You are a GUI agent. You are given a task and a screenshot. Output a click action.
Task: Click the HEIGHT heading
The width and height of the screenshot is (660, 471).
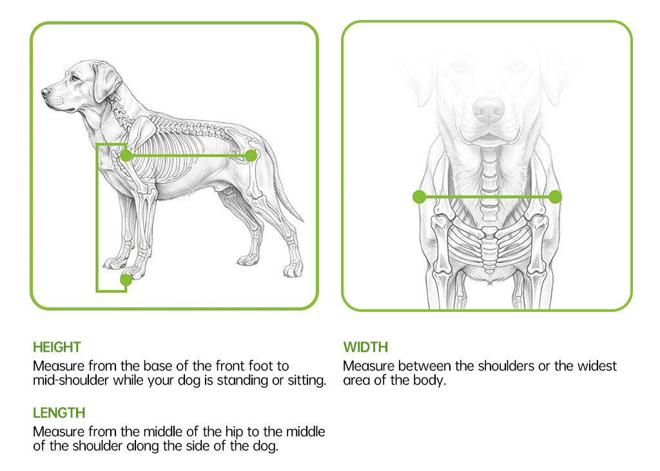pos(57,347)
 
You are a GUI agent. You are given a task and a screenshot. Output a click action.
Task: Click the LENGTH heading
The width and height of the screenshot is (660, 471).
pos(59,412)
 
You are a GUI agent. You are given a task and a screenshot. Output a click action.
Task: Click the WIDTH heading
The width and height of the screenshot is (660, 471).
pos(365,347)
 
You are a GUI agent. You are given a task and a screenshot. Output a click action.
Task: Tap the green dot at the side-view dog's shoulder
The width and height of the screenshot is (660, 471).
pos(126,156)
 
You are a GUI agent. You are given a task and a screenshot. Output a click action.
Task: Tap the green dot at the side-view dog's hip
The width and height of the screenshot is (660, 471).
pos(251,156)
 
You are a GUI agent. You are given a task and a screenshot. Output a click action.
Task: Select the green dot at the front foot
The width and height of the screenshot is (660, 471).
pos(126,280)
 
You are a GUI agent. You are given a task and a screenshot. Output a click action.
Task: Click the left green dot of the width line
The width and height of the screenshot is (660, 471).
pos(419,197)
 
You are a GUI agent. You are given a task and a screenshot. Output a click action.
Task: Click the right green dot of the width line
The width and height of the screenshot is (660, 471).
pos(556,197)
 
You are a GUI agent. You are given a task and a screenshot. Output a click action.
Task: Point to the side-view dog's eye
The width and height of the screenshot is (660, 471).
pos(75,78)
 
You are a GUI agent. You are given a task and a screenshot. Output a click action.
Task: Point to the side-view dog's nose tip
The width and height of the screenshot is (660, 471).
pos(44,92)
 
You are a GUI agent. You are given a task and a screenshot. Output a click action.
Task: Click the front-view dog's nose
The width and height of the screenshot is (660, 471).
pos(489,110)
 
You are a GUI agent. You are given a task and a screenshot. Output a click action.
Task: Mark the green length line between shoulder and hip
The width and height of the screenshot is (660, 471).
pos(188,156)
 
